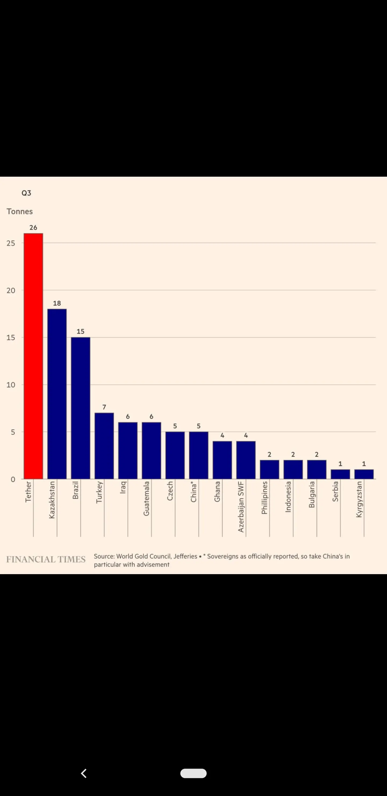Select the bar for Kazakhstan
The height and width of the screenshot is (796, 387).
point(57,394)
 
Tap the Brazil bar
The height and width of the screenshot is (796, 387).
point(81,408)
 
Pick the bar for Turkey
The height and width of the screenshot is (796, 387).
point(104,446)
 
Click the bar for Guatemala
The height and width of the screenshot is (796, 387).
point(151,450)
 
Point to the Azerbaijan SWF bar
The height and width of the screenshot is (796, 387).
point(246,460)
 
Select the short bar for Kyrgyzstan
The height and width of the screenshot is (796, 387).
point(364,474)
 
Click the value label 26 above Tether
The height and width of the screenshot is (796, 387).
point(33,228)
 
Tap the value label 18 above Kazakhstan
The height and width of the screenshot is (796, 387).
point(57,303)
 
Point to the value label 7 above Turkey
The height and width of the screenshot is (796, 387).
point(104,407)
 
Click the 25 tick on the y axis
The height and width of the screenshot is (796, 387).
point(11,243)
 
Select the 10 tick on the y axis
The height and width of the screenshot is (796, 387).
point(11,385)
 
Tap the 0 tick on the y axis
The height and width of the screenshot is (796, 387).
point(13,479)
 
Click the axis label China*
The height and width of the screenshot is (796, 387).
point(194,492)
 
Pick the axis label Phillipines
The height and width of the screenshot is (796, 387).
point(264,497)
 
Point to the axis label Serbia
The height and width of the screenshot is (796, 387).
point(335,491)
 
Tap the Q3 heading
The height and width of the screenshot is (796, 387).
point(26,193)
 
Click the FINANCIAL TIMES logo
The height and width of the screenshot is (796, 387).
point(46,559)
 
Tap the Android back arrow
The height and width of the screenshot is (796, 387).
point(84,773)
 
